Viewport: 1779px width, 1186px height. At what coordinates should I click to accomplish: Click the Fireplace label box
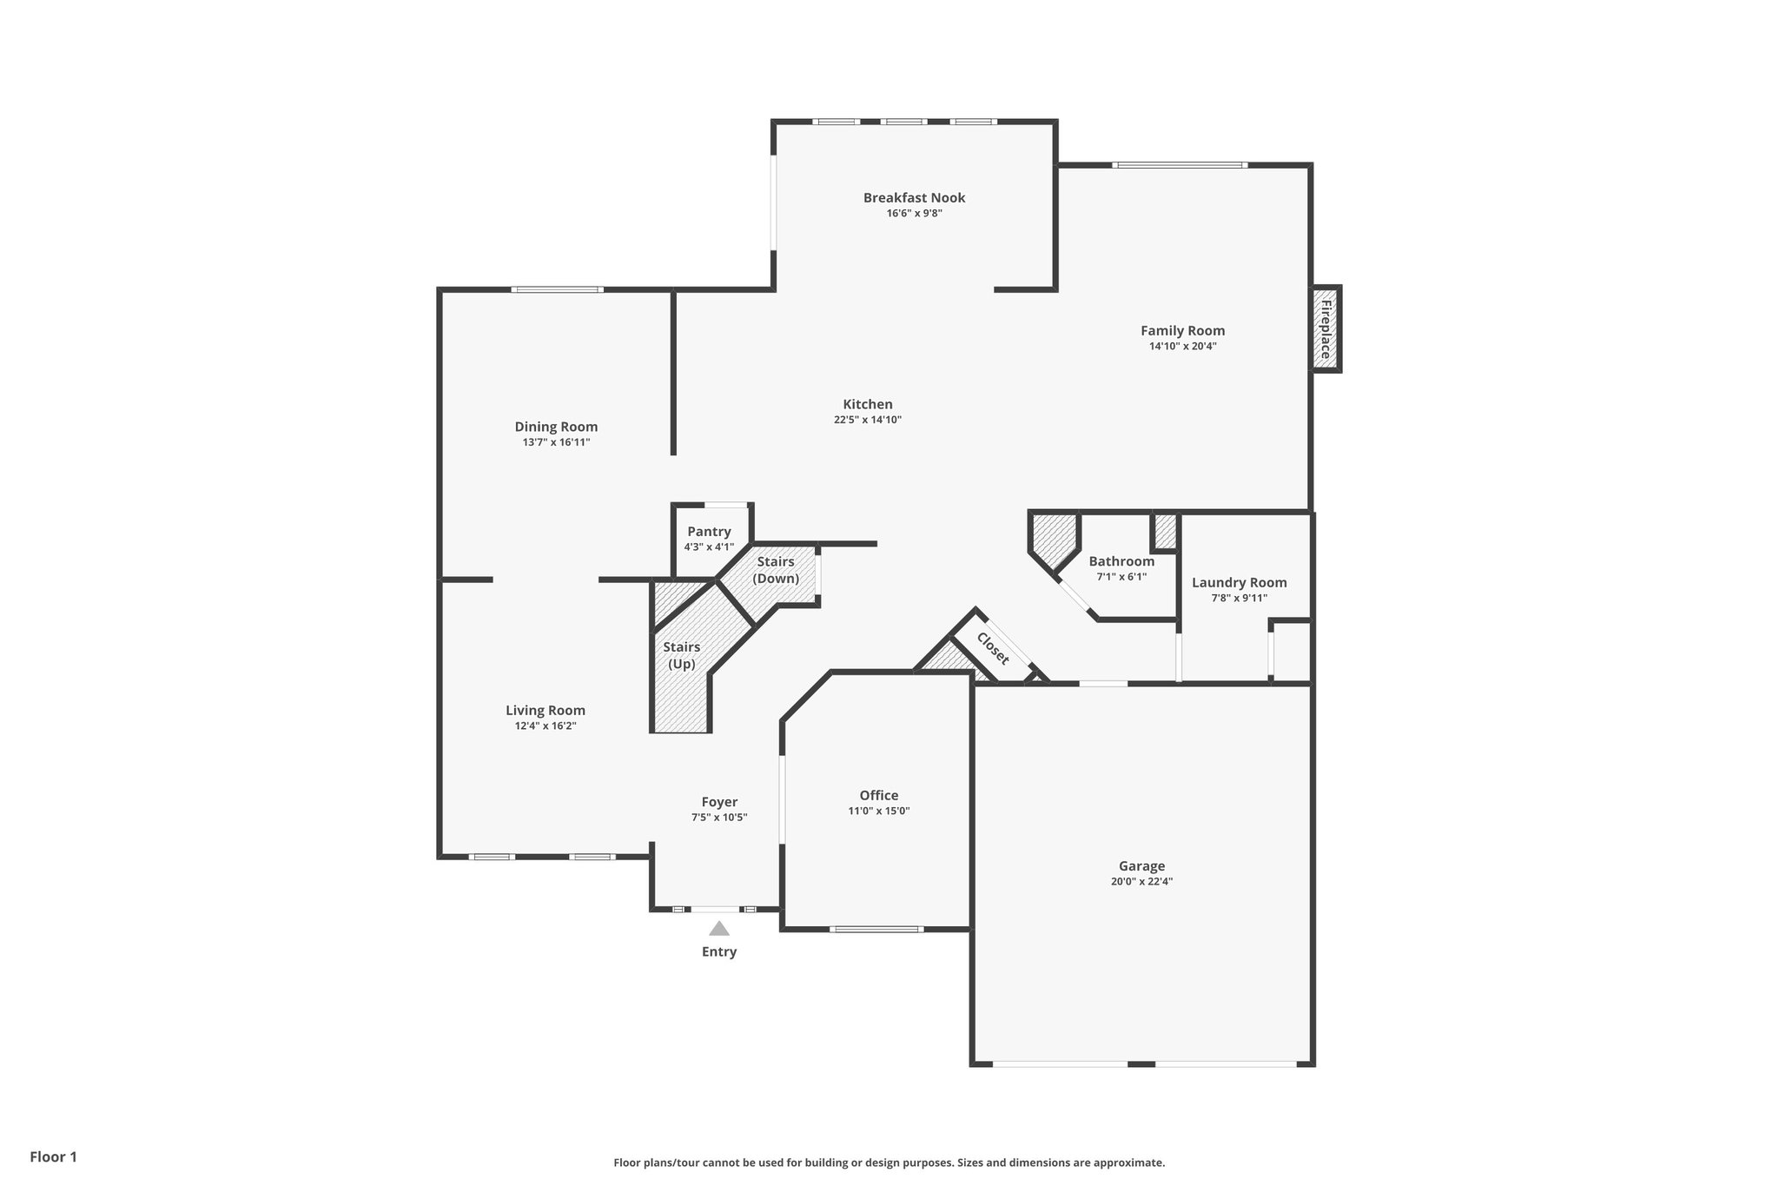(x=1326, y=329)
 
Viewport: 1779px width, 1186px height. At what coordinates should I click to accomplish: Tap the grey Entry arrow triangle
(x=719, y=928)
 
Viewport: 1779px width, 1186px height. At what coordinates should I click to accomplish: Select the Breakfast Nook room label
(x=914, y=197)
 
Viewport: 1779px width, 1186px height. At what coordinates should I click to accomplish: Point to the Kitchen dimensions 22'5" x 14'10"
(x=868, y=420)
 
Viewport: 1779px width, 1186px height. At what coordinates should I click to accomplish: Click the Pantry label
(x=709, y=532)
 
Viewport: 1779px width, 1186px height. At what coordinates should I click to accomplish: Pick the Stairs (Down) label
(x=776, y=570)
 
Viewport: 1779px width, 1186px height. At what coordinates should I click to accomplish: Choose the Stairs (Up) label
(x=682, y=655)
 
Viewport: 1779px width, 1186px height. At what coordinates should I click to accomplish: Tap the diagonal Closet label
(x=993, y=648)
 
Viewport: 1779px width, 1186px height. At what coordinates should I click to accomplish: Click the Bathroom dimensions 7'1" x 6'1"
(x=1121, y=576)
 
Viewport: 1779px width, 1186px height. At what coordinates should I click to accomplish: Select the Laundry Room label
(x=1240, y=582)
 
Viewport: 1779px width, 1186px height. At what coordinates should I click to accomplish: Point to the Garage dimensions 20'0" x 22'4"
(x=1141, y=881)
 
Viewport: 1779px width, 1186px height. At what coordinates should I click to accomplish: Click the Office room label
(x=879, y=795)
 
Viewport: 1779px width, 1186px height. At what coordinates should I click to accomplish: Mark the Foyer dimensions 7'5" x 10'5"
(x=719, y=818)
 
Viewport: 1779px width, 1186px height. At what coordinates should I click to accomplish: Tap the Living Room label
(x=546, y=710)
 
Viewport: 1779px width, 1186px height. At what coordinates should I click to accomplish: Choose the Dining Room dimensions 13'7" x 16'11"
(x=556, y=442)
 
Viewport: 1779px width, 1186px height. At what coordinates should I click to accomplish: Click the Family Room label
(x=1183, y=330)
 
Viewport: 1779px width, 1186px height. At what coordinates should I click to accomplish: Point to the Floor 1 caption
(x=54, y=1156)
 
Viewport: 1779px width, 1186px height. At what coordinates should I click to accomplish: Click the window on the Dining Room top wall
(x=557, y=289)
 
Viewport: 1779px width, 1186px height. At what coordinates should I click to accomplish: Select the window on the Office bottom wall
(x=876, y=929)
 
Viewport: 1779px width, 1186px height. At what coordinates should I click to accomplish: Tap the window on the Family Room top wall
(x=1180, y=164)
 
